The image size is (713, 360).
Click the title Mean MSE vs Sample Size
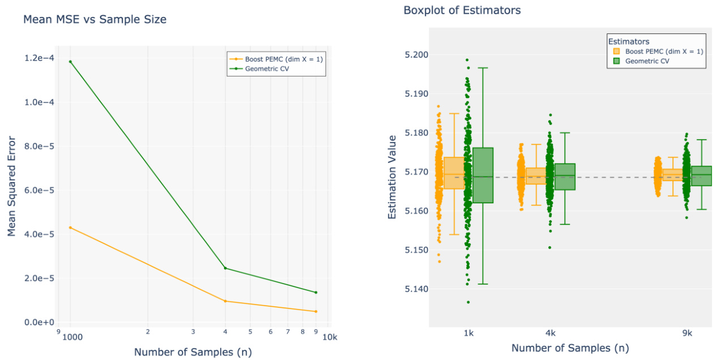(95, 20)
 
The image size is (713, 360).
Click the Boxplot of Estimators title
(462, 10)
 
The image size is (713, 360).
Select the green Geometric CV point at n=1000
(70, 62)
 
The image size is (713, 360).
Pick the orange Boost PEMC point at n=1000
(70, 228)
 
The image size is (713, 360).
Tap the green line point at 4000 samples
(225, 268)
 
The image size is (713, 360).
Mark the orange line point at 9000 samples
(315, 311)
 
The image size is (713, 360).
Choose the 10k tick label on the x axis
(329, 337)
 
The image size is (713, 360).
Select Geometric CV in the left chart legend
(274, 69)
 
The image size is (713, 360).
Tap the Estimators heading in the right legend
(628, 41)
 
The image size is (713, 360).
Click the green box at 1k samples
(483, 175)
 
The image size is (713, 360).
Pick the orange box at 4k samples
(536, 176)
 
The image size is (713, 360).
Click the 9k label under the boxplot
(687, 333)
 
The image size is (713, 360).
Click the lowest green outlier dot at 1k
(468, 302)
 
